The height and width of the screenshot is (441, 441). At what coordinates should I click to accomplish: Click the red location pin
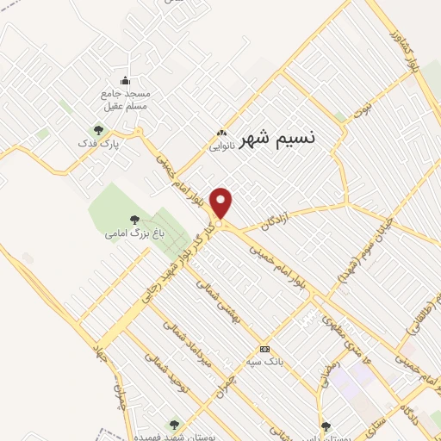point(221,202)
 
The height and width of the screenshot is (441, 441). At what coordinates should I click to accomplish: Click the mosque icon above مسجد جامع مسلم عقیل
point(126,81)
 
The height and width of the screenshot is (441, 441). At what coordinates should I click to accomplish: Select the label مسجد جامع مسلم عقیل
point(126,98)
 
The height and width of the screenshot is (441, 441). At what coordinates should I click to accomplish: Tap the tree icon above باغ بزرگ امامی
point(133,219)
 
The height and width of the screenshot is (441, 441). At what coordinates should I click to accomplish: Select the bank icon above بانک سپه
point(265,349)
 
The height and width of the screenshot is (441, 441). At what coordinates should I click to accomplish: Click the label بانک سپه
point(265,362)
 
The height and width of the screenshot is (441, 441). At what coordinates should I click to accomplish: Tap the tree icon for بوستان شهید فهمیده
point(175,425)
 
